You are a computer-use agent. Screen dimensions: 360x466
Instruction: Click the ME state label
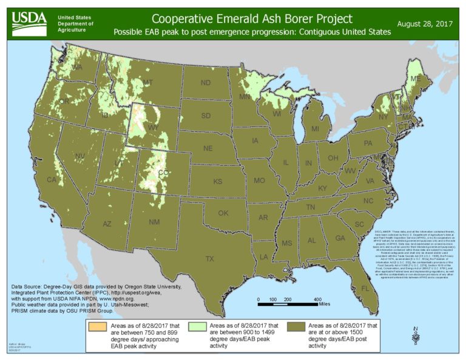coord(416,80)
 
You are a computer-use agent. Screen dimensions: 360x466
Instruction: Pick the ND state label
coord(206,83)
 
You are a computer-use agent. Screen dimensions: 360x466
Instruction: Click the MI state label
coord(315,129)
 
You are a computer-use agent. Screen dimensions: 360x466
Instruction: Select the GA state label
coord(340,239)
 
